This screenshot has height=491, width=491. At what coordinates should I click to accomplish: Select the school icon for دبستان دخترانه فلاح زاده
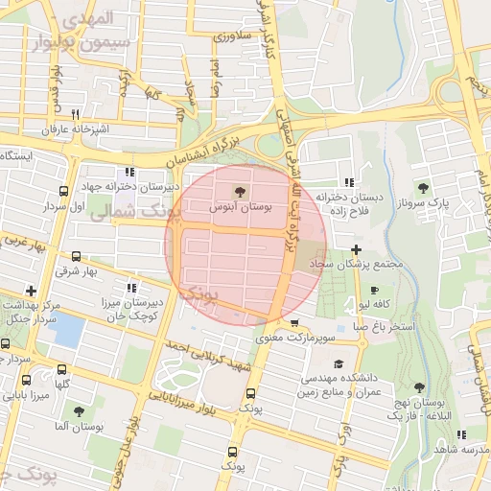point(348,182)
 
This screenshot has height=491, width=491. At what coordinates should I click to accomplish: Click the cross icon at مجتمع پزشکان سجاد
point(355,249)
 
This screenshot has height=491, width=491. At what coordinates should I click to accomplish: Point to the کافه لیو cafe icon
point(373,290)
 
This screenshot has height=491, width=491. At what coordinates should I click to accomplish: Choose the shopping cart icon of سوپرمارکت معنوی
point(293,323)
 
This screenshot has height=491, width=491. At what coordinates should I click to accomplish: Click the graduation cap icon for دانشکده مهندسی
point(338,364)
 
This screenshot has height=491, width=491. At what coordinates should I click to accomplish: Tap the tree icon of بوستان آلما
point(79,410)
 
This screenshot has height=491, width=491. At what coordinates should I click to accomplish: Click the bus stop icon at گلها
point(62,369)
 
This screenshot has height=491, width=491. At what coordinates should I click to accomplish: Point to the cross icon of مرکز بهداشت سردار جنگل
point(32,290)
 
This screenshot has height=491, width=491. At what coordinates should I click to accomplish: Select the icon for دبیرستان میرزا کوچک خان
point(131,288)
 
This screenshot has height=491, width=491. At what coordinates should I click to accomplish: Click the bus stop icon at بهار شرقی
point(77,256)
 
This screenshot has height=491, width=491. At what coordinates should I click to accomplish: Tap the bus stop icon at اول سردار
point(63,191)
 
